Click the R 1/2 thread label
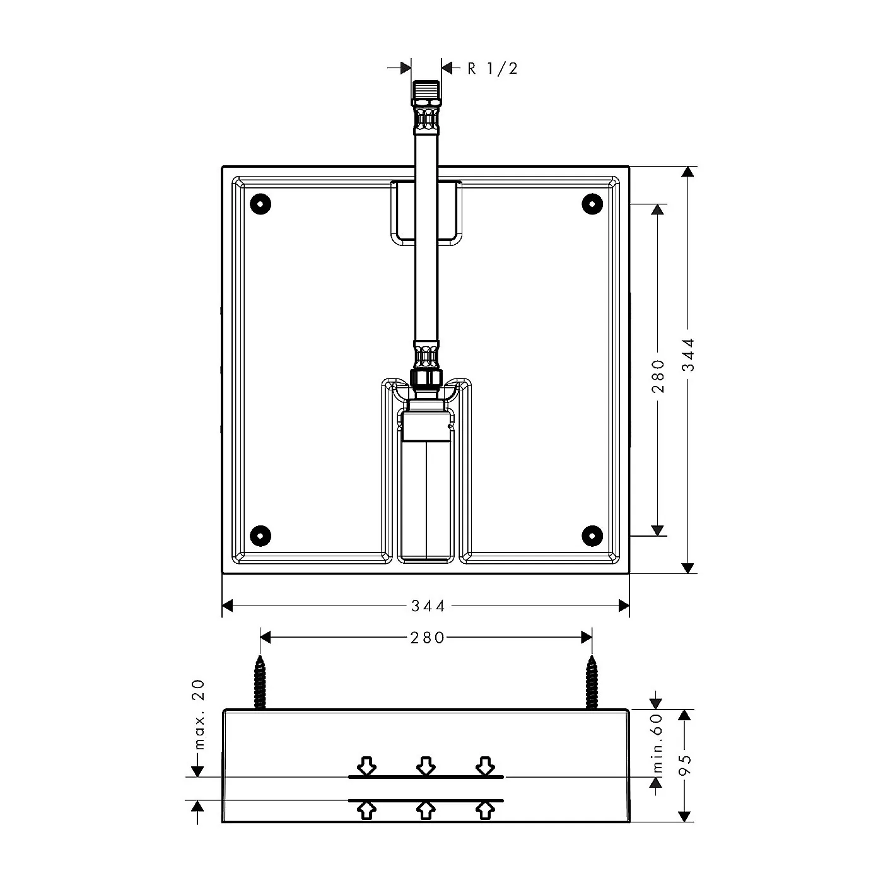click(493, 69)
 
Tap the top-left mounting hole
click(260, 204)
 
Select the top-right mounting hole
click(592, 204)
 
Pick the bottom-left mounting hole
click(260, 535)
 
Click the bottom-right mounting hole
click(592, 535)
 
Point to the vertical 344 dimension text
click(688, 354)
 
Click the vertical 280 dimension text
click(658, 376)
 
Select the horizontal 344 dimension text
click(428, 605)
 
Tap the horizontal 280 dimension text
click(427, 638)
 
